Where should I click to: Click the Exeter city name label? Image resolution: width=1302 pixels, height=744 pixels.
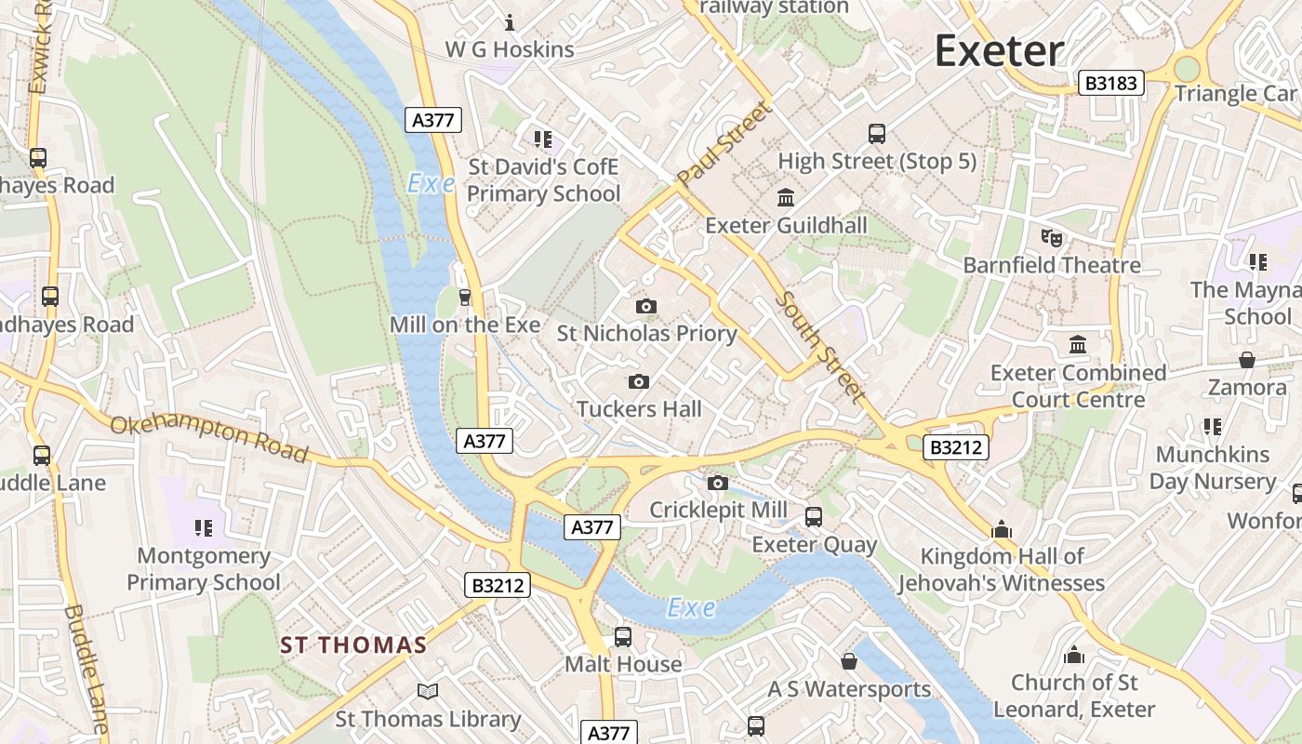pyautogui.click(x=999, y=50)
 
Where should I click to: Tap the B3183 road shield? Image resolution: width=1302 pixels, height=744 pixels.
pyautogui.click(x=1111, y=83)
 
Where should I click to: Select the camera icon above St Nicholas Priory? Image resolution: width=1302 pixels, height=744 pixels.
pyautogui.click(x=646, y=306)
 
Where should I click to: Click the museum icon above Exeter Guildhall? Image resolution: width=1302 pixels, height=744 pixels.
pyautogui.click(x=786, y=198)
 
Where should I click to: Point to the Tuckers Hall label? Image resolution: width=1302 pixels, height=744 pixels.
pyautogui.click(x=639, y=409)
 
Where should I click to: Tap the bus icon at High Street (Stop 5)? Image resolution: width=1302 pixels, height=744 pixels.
pyautogui.click(x=877, y=134)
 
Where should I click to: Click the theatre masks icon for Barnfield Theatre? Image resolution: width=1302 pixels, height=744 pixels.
pyautogui.click(x=1052, y=238)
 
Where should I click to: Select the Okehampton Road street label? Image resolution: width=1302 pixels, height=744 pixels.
pyautogui.click(x=209, y=438)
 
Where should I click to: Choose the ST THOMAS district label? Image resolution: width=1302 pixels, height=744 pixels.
pyautogui.click(x=353, y=644)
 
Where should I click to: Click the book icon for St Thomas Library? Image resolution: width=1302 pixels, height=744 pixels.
pyautogui.click(x=427, y=692)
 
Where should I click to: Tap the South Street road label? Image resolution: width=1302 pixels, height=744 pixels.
pyautogui.click(x=819, y=347)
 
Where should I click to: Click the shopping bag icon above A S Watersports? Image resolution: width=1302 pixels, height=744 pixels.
pyautogui.click(x=849, y=661)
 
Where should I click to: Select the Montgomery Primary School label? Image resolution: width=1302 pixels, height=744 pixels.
pyautogui.click(x=204, y=569)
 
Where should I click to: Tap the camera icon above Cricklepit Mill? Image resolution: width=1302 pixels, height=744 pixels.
pyautogui.click(x=717, y=483)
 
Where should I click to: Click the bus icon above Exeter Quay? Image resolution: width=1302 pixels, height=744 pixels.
pyautogui.click(x=814, y=516)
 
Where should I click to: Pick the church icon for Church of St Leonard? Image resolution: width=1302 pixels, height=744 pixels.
pyautogui.click(x=1074, y=656)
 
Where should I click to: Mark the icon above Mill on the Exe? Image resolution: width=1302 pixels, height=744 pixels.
pyautogui.click(x=465, y=297)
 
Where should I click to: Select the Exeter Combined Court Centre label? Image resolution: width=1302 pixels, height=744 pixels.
pyautogui.click(x=1078, y=386)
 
